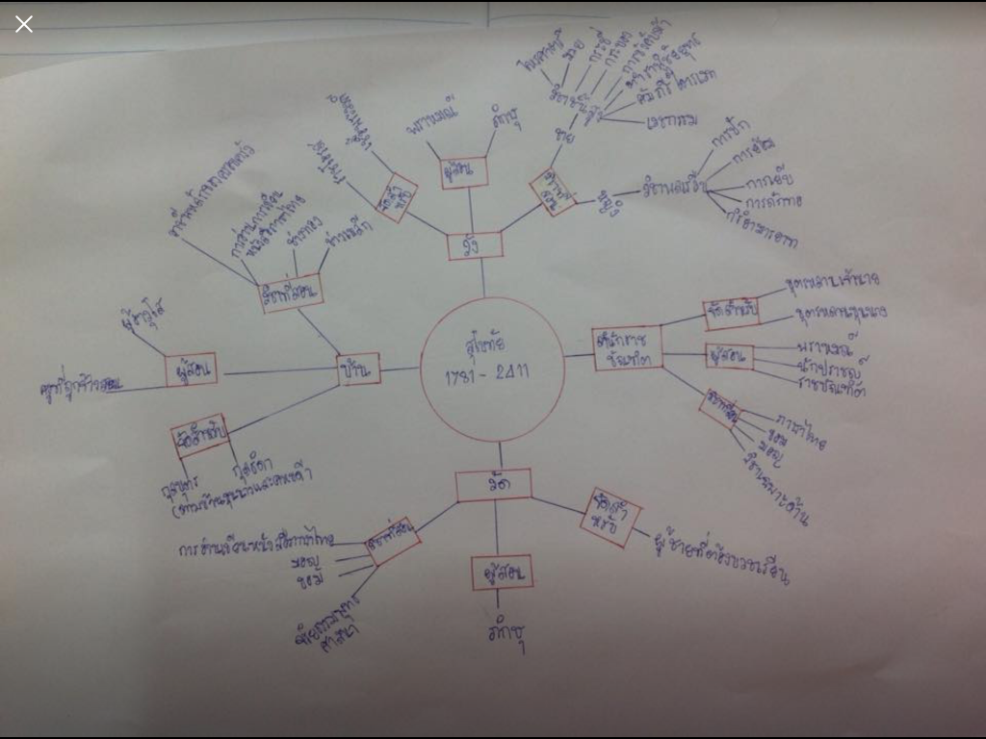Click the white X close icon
tap(24, 24)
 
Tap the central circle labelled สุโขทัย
tap(492, 369)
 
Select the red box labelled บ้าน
tap(359, 369)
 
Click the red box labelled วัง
tap(475, 245)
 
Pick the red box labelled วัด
tap(494, 485)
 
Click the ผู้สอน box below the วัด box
tap(502, 573)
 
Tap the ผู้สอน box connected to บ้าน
tap(191, 369)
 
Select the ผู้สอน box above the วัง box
tap(464, 172)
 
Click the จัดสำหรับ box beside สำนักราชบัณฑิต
tap(731, 311)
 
